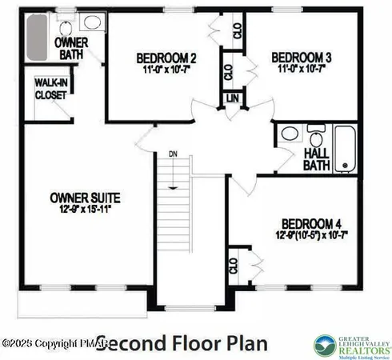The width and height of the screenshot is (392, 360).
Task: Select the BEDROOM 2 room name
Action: click(166, 58)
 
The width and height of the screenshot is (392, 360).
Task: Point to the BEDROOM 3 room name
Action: click(302, 58)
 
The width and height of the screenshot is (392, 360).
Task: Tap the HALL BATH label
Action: click(316, 158)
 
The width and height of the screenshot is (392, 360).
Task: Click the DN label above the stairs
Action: click(172, 154)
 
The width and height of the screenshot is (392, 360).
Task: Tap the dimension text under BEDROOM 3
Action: click(302, 70)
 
